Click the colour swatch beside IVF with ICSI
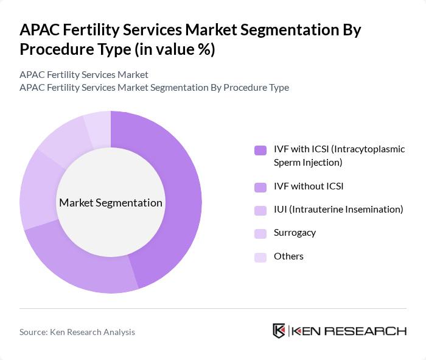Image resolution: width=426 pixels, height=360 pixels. pyautogui.click(x=260, y=150)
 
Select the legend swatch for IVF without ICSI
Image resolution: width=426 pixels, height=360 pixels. pyautogui.click(x=260, y=186)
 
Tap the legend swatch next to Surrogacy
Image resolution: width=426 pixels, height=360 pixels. pyautogui.click(x=260, y=233)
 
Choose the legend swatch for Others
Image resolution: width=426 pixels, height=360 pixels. pyautogui.click(x=260, y=257)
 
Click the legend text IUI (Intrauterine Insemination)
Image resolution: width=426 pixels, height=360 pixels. pyautogui.click(x=338, y=210)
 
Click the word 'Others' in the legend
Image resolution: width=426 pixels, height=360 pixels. pyautogui.click(x=288, y=256)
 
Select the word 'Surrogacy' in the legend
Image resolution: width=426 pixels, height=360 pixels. pyautogui.click(x=295, y=233)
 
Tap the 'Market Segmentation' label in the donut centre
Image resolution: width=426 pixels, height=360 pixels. pyautogui.click(x=111, y=203)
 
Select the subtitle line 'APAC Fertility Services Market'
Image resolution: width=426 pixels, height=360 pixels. pyautogui.click(x=84, y=75)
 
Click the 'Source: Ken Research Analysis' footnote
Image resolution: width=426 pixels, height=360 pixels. pyautogui.click(x=77, y=332)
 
